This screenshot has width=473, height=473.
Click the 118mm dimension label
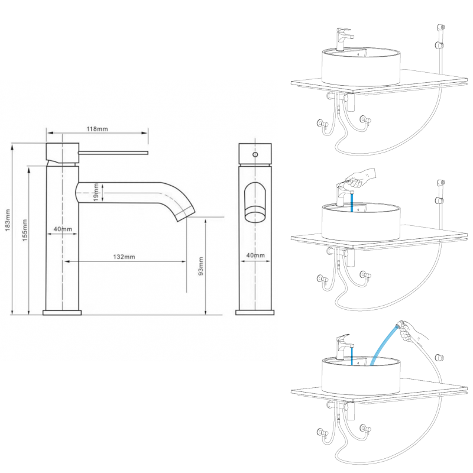click(x=98, y=129)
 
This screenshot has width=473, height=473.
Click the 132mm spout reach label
click(x=124, y=257)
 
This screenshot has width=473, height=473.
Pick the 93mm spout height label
click(x=200, y=267)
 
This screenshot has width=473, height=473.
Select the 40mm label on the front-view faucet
click(x=255, y=256)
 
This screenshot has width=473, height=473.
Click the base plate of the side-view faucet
click(x=62, y=312)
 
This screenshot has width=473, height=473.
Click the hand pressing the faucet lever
click(x=361, y=176)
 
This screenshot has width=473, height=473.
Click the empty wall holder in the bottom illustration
click(x=439, y=357)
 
